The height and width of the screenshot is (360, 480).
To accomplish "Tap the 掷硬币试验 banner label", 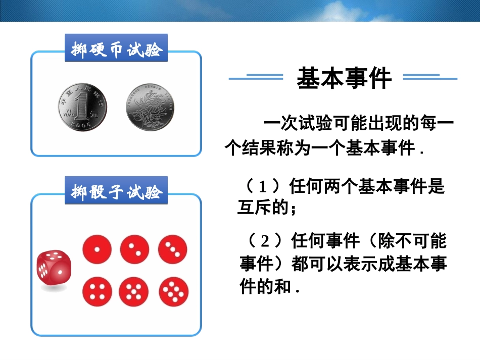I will pos(116,49).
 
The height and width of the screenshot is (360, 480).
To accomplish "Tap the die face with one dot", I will pos(97,249).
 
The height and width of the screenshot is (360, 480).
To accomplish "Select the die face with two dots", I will pos(134,249).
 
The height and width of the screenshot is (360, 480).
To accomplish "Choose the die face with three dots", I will pos(172,249).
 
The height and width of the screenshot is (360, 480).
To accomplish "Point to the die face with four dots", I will pos(97,291).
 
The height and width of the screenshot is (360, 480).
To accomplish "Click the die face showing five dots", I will pos(134,291).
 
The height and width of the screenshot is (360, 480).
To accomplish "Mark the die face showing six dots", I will pos(173,291).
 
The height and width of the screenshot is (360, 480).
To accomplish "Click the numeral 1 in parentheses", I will pos(262,187).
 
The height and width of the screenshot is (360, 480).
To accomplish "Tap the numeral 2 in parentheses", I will pos(264,241).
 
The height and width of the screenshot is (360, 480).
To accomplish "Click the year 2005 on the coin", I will pos(81,124).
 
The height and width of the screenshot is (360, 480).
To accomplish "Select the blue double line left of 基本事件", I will pos(256,77).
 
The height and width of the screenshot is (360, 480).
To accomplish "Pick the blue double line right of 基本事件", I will pos(430,77).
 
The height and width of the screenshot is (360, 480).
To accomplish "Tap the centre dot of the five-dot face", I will pos(134,292).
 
